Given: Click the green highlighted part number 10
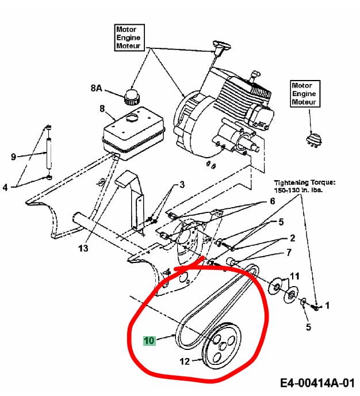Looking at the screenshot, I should tap(150, 340).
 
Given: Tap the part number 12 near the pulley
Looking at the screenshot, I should tap(185, 362).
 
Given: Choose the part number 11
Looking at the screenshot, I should tap(294, 276).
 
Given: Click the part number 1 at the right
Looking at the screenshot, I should tap(327, 306).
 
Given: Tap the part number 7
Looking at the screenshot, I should tap(288, 252).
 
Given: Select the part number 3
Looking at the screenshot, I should tap(182, 185).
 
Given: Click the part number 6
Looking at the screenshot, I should tap(273, 201).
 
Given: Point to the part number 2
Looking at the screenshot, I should tap(292, 238).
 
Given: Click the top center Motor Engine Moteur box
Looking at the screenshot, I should tap(128, 37).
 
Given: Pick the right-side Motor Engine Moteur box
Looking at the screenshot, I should tap(304, 94).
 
